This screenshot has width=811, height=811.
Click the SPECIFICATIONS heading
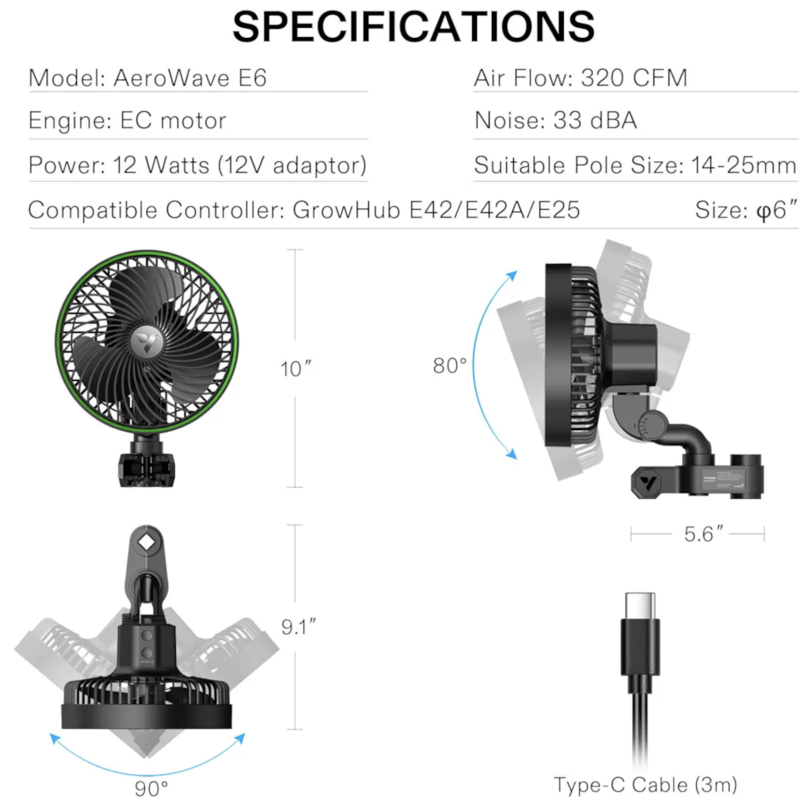coord(413,27)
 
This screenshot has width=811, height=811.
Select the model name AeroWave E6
coord(190,78)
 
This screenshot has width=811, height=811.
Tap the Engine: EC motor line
coord(127,120)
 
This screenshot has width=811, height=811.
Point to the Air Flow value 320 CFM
coord(634,78)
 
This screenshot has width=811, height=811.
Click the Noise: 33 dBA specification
coord(555,120)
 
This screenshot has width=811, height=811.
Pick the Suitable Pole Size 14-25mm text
coord(635,166)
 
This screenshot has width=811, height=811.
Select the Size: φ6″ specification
coord(745,211)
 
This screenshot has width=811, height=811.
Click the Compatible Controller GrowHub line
coord(303,211)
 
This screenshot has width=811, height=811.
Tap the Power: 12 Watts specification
coord(196,166)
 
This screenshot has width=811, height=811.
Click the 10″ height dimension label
coord(296,369)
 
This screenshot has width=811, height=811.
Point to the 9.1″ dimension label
coord(299,627)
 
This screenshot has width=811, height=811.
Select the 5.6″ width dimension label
coord(698,535)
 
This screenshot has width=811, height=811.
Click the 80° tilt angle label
coord(449,366)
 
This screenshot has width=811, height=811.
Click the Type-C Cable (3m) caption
coord(645,785)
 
